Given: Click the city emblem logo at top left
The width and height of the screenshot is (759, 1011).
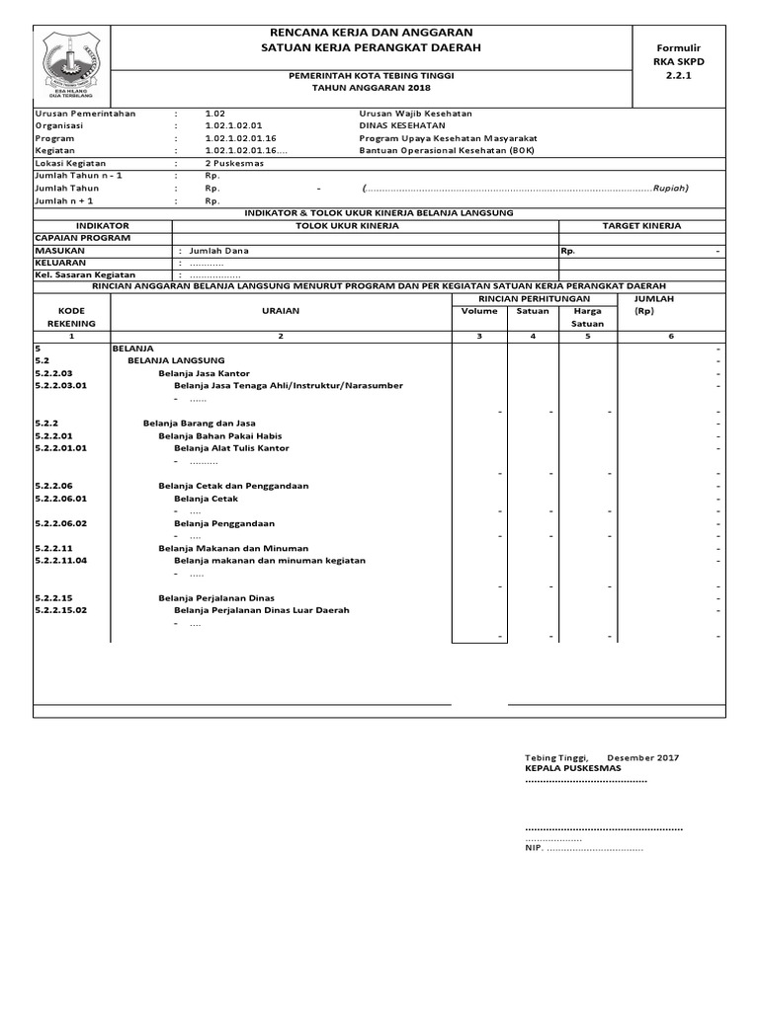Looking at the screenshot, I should tap(71, 62).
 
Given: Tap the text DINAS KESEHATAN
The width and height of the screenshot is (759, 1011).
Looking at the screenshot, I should tap(401, 126).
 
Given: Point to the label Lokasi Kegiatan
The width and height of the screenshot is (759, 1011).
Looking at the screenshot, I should tap(70, 164).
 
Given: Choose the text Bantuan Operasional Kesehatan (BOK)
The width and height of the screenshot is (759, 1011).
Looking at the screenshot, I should tap(436, 151).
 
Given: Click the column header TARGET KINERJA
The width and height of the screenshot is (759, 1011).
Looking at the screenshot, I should tap(641, 226).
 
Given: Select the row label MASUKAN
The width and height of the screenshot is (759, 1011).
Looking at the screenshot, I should tap(60, 251).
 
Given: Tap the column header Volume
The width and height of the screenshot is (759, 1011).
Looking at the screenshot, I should tap(479, 311).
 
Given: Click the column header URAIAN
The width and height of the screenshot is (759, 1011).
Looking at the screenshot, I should tap(280, 311).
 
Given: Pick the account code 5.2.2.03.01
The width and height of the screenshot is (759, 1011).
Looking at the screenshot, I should tap(61, 386).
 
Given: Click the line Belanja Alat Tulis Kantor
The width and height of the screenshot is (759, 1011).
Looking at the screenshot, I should tap(231, 448).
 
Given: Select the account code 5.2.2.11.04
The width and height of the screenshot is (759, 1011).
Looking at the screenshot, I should tap(61, 561).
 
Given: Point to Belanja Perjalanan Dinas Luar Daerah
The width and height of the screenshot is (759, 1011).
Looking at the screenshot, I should tap(261, 610).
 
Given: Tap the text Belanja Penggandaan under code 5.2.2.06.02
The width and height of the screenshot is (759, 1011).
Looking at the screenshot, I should tap(224, 523).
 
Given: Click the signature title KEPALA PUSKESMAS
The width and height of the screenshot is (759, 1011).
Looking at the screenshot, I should tap(572, 768).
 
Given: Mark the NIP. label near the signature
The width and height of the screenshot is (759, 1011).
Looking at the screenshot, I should tap(534, 848).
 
